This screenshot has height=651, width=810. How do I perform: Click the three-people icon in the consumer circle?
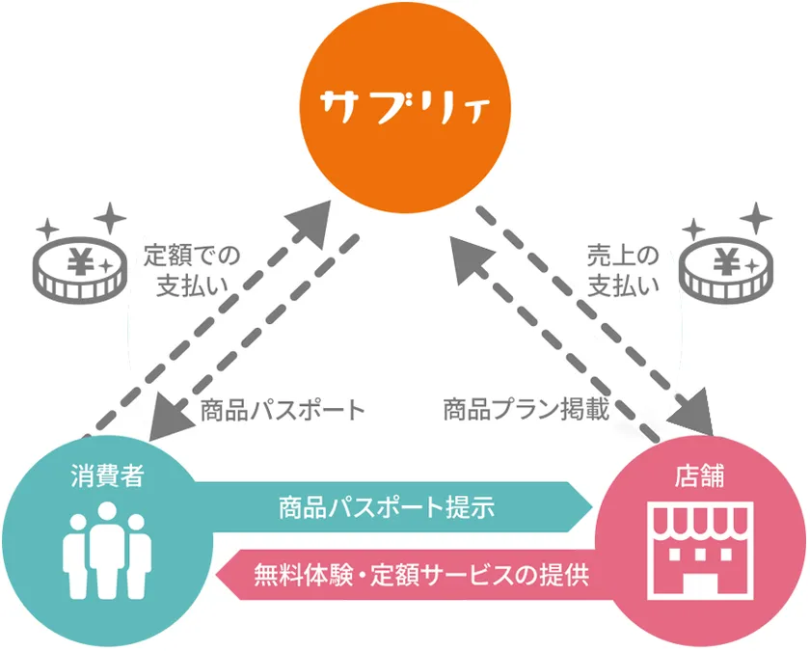107,551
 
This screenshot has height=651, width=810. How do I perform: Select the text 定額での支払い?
192,270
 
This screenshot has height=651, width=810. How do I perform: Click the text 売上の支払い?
623,270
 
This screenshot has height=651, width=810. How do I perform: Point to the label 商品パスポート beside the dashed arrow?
283,410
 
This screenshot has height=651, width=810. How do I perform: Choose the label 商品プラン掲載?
526,410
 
